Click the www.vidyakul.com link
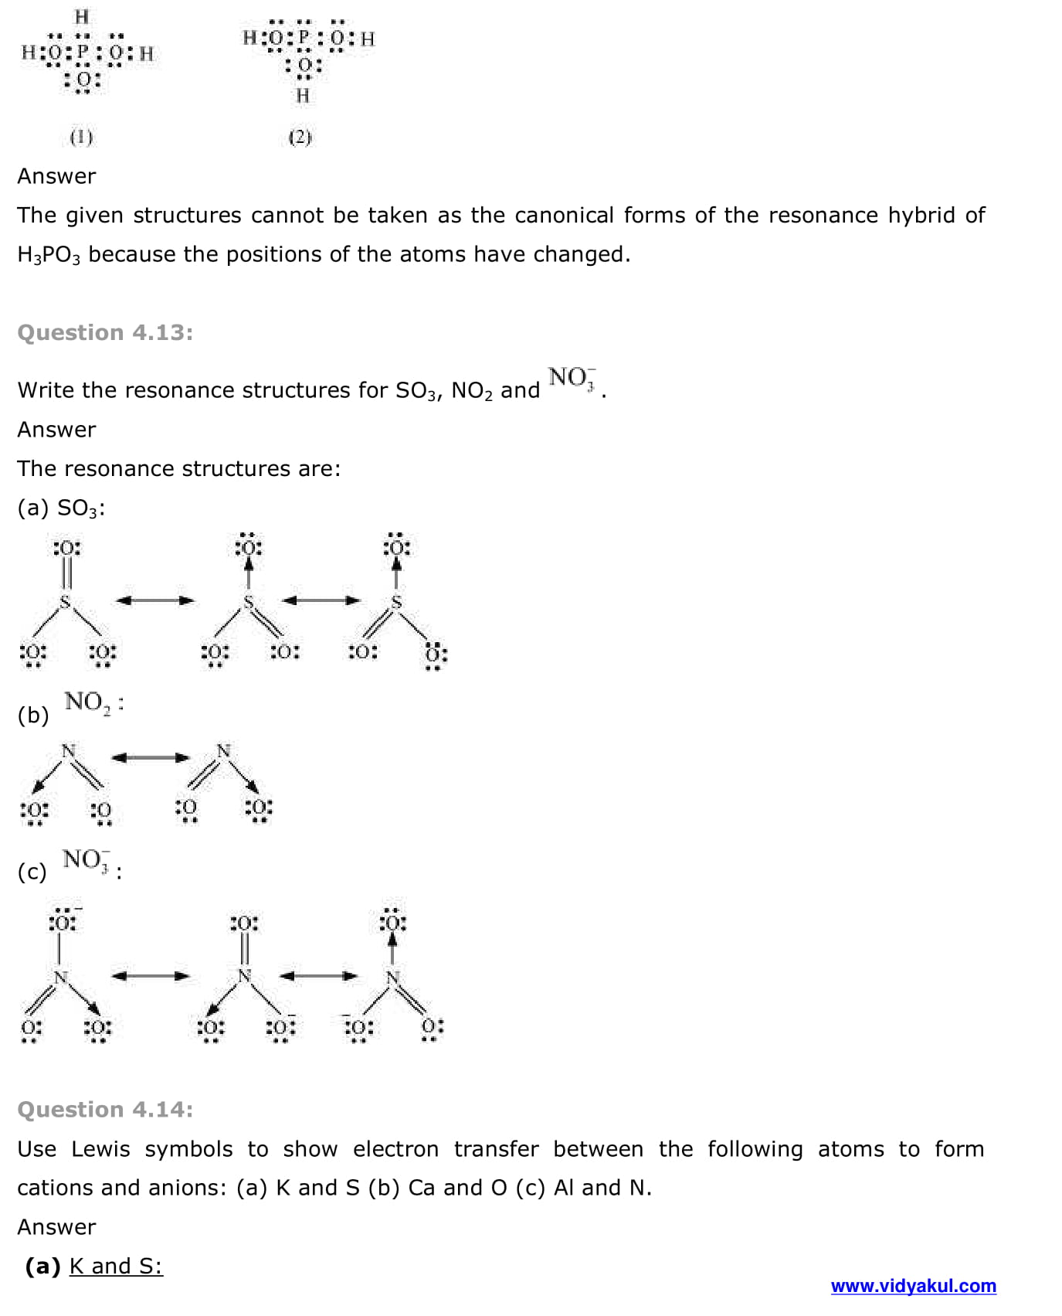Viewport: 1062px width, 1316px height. click(913, 1286)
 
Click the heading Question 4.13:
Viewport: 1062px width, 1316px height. click(105, 332)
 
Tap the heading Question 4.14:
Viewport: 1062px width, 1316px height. click(105, 1110)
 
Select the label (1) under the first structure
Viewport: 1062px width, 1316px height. click(81, 138)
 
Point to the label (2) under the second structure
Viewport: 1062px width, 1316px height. click(300, 138)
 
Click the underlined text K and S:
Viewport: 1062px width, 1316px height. click(116, 1266)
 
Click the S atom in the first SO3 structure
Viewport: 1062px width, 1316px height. click(66, 601)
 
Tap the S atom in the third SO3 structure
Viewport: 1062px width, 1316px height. click(396, 601)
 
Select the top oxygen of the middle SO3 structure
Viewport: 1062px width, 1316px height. click(248, 547)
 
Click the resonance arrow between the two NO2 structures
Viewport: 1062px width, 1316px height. click(151, 757)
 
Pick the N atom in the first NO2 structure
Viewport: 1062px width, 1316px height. click(69, 750)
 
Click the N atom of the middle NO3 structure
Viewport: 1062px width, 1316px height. click(244, 976)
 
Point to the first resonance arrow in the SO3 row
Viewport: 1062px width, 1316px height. click(154, 600)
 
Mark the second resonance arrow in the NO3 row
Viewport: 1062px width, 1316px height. click(319, 976)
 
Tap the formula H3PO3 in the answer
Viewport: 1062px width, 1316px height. click(48, 254)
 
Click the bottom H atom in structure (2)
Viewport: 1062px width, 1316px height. click(303, 96)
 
